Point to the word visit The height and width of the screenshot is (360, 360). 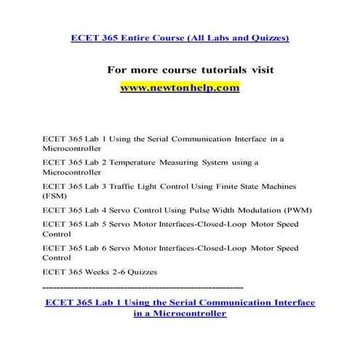pyautogui.click(x=268, y=71)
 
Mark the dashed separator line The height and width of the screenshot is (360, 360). pyautogui.click(x=143, y=287)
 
